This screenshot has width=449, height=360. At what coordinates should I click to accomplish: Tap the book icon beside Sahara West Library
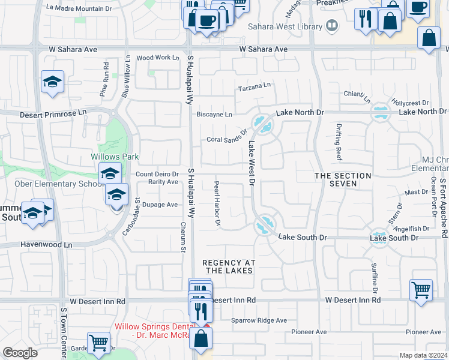331,26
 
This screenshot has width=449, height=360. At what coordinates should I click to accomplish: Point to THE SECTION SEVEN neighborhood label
343,179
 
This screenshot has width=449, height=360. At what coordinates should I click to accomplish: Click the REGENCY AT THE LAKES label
229,266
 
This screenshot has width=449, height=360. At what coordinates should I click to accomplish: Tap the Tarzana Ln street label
255,87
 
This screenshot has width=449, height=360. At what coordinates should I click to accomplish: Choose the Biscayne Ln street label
214,115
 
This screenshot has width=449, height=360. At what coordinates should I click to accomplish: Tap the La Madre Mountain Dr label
79,8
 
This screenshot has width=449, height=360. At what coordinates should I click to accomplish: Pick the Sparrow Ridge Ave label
259,320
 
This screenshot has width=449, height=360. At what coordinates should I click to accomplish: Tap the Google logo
20,353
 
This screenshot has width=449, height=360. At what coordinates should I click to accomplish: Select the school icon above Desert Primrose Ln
53,82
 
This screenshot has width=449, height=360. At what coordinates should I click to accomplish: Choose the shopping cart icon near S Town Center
99,343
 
